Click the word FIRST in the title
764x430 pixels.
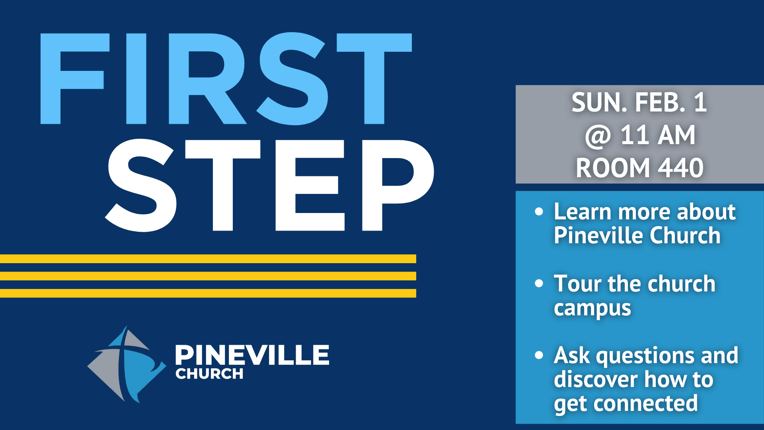click(x=226, y=79)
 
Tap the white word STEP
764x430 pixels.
click(x=269, y=185)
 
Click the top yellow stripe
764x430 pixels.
click(x=208, y=259)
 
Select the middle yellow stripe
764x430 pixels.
click(x=208, y=276)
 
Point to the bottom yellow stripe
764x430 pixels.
click(x=208, y=293)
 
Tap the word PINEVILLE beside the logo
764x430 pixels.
click(x=252, y=355)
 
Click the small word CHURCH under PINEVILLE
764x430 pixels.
click(x=209, y=374)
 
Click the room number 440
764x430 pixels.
click(x=680, y=168)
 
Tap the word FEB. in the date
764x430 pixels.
click(x=660, y=103)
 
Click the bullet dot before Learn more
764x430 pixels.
click(x=539, y=211)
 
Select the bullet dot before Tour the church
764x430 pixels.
click(x=539, y=283)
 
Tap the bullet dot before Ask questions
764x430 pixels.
click(x=539, y=355)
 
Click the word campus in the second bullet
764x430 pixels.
click(x=592, y=309)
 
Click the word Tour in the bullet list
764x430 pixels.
click(x=577, y=283)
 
